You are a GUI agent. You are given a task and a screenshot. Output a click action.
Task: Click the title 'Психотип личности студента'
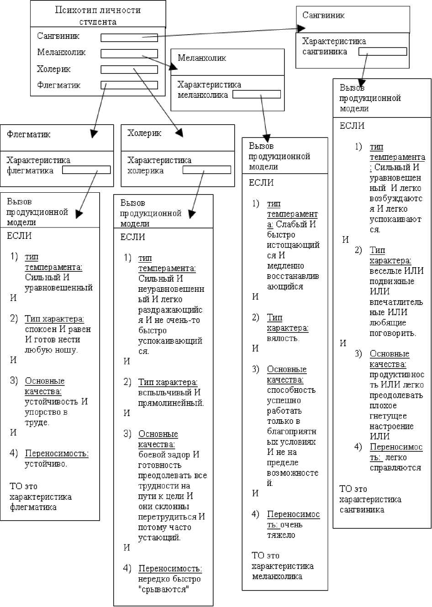(x=98, y=16)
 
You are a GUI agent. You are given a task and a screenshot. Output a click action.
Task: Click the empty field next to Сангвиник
(x=129, y=38)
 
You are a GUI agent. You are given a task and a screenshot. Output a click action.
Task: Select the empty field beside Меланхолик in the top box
(x=129, y=54)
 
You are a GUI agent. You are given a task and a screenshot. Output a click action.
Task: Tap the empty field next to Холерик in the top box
(x=129, y=70)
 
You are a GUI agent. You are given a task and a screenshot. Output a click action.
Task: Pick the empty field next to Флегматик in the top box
(x=129, y=85)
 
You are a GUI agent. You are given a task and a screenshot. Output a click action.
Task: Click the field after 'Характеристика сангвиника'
(x=383, y=52)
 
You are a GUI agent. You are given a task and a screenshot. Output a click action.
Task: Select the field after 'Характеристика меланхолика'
(x=257, y=95)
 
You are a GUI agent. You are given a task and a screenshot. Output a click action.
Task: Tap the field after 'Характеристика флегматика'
(x=86, y=170)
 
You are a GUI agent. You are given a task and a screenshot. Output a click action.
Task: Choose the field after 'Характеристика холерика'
(x=207, y=170)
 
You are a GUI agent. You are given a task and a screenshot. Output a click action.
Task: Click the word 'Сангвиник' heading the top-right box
(x=323, y=16)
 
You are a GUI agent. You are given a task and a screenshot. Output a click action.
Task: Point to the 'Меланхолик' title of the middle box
(x=202, y=58)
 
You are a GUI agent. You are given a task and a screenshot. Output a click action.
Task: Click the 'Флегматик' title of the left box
(x=29, y=134)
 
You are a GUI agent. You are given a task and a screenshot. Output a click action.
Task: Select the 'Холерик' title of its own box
(x=144, y=133)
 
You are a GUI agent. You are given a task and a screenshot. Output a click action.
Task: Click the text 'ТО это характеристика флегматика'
(x=41, y=496)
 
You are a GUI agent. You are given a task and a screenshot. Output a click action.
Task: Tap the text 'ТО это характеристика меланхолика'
(x=283, y=566)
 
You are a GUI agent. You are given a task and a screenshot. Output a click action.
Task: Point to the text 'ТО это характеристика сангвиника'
(x=370, y=499)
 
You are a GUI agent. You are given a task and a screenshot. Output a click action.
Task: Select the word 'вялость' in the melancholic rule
(x=283, y=338)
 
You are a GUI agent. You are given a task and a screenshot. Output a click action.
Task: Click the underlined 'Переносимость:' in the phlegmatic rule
(x=57, y=454)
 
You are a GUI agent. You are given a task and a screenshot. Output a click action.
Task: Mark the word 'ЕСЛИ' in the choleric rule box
(x=133, y=237)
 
